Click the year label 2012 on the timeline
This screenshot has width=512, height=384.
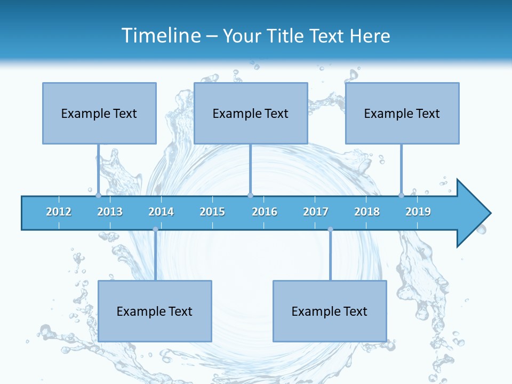(x=59, y=212)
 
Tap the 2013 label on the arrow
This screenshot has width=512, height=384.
(x=110, y=212)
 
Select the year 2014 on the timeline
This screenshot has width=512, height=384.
(x=161, y=212)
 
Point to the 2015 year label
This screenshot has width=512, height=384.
(x=212, y=212)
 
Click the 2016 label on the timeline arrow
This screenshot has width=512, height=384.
(x=265, y=212)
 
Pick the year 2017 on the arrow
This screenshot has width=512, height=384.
(x=316, y=212)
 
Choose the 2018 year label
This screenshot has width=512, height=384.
(x=367, y=212)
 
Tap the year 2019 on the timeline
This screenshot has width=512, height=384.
(x=418, y=212)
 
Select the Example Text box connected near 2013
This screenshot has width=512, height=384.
(x=99, y=113)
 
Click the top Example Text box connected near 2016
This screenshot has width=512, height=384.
(x=251, y=113)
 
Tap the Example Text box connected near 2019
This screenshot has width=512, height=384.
(x=402, y=113)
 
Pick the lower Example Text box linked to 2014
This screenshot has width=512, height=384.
(x=155, y=311)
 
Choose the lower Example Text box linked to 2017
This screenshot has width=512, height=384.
(x=330, y=311)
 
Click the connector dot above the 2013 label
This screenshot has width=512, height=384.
(x=98, y=195)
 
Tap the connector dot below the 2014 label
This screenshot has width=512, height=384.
(x=155, y=229)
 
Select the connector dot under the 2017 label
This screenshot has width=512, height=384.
(x=330, y=229)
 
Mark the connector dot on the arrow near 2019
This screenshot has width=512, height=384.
(x=401, y=195)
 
